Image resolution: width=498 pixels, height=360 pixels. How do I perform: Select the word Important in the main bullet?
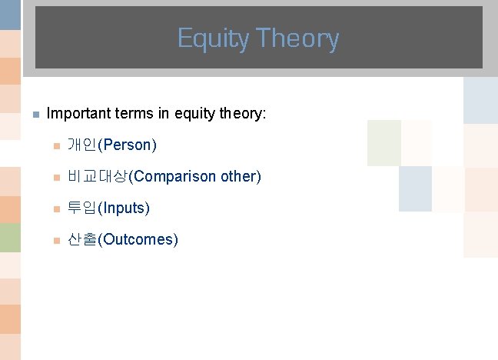point(79,114)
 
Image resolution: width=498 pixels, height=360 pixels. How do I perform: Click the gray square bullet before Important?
point(35,115)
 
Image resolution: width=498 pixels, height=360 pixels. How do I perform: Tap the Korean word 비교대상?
point(98,176)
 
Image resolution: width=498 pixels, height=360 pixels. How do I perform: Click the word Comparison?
point(175,176)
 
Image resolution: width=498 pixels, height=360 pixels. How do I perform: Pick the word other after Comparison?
point(241,176)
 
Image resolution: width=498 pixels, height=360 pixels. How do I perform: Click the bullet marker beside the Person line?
point(55,145)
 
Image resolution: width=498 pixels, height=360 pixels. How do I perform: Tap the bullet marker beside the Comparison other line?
point(55,177)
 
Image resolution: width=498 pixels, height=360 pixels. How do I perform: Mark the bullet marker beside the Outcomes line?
point(55,240)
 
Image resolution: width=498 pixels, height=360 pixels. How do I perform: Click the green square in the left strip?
point(10,238)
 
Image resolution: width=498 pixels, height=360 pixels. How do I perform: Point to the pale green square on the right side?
point(383,143)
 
